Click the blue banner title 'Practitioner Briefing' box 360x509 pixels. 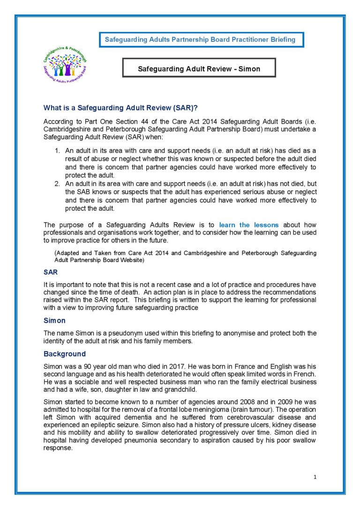click(201, 40)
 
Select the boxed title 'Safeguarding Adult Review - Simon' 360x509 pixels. click(199, 69)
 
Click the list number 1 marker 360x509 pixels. click(58, 150)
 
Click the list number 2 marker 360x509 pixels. click(58, 184)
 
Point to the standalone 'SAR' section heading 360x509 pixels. click(51, 272)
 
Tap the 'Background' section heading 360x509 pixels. click(65, 354)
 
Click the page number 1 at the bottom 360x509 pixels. click(315, 477)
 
